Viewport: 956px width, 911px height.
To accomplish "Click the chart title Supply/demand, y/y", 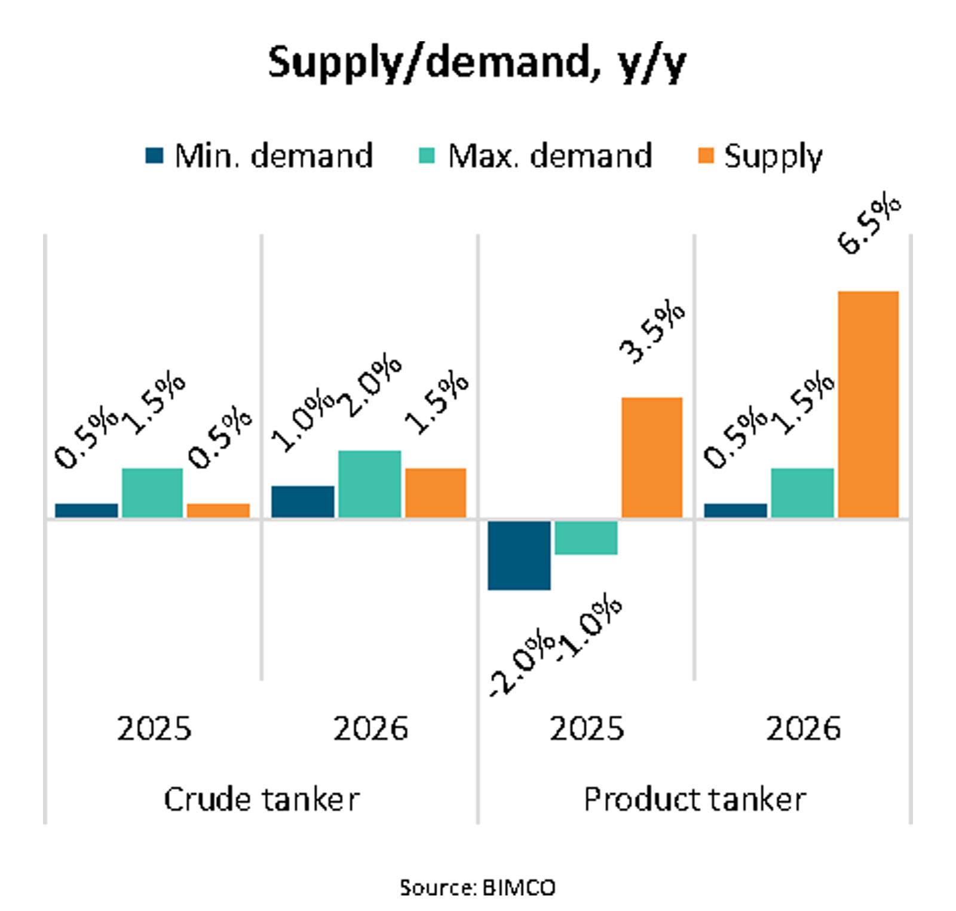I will (x=477, y=62).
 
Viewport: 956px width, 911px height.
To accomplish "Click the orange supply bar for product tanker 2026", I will (x=868, y=404).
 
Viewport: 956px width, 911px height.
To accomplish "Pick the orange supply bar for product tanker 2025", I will (x=652, y=457).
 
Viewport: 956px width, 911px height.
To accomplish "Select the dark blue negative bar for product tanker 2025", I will (x=519, y=555).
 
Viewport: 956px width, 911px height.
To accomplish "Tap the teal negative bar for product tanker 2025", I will (x=586, y=537).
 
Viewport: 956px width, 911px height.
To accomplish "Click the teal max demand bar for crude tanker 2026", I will (x=369, y=484).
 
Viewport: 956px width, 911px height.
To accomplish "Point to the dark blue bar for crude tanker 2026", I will (x=302, y=502).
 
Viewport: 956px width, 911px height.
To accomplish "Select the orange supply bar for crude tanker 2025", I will (x=218, y=510).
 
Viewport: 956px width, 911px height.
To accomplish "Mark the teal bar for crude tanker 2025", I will (x=152, y=493).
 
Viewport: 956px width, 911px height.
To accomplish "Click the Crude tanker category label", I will (x=261, y=799).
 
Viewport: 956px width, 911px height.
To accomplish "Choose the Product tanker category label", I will (x=694, y=799).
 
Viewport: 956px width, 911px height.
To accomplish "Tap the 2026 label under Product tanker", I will (x=802, y=729).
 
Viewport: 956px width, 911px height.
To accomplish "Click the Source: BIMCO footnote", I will (x=477, y=887).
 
